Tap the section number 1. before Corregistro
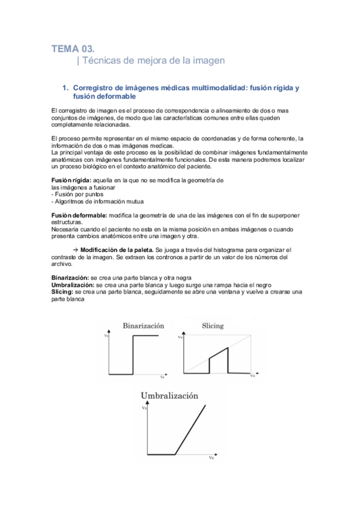coord(66,88)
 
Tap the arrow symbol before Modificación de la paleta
coord(75,250)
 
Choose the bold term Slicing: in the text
coord(63,291)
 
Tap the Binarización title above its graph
coord(143,325)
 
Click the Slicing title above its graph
coord(212,325)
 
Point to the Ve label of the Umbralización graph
coord(211,458)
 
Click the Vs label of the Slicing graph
coord(178,337)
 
